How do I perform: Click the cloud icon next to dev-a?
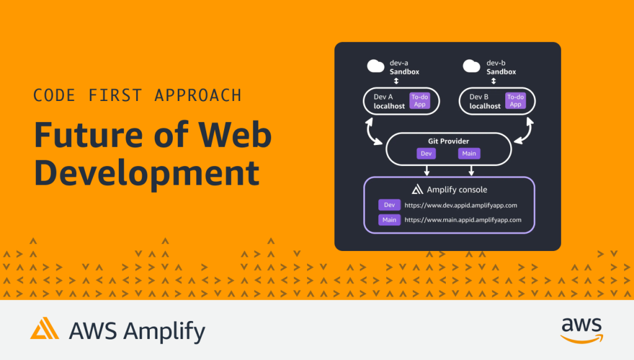[x=376, y=66]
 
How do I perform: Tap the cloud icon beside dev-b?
[x=472, y=66]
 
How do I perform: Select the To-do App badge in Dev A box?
[x=419, y=100]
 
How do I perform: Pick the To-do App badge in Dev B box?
[x=515, y=100]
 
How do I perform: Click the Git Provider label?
[x=448, y=142]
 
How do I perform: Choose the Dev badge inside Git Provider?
[x=427, y=154]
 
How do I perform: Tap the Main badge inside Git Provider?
[x=469, y=154]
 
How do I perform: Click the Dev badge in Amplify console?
[x=389, y=205]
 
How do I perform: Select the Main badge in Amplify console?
[x=389, y=219]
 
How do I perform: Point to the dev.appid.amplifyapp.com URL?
[x=461, y=205]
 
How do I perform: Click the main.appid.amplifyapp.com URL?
[x=462, y=219]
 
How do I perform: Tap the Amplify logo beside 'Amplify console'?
[x=417, y=190]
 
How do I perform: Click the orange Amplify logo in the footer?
[x=45, y=328]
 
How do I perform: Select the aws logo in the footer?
[x=581, y=329]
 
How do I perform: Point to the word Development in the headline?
[x=146, y=173]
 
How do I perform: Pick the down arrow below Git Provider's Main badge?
[x=472, y=169]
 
